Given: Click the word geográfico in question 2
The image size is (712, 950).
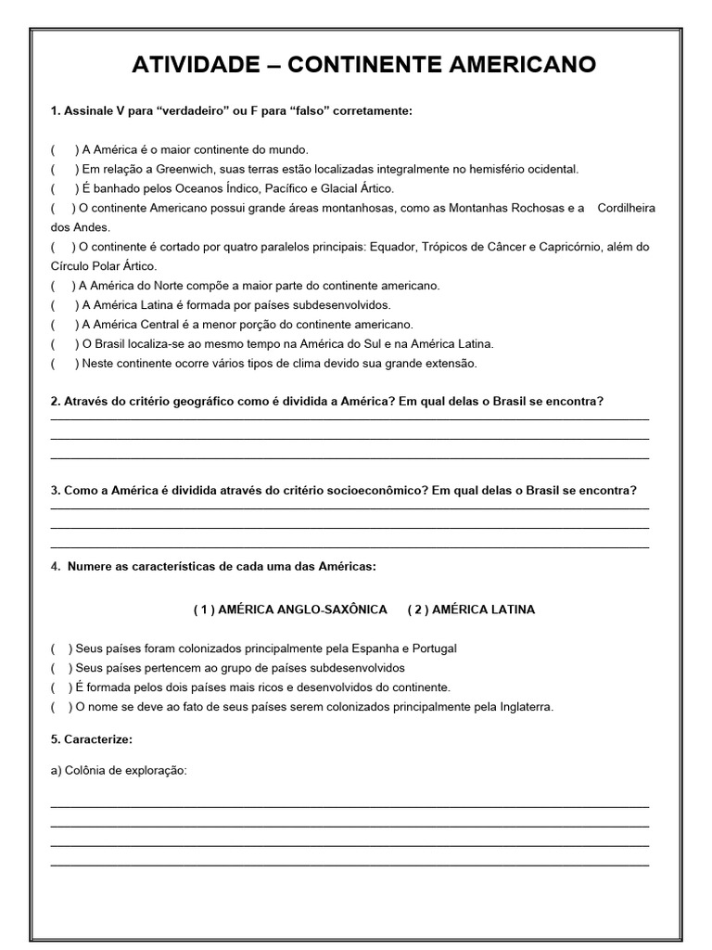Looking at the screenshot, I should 182,401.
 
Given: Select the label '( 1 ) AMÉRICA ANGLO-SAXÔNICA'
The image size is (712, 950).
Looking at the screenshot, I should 290,610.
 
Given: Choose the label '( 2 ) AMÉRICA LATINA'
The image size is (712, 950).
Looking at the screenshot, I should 471,610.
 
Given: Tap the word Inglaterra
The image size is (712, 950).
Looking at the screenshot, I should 522,707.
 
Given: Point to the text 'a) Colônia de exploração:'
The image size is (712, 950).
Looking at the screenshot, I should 119,772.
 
